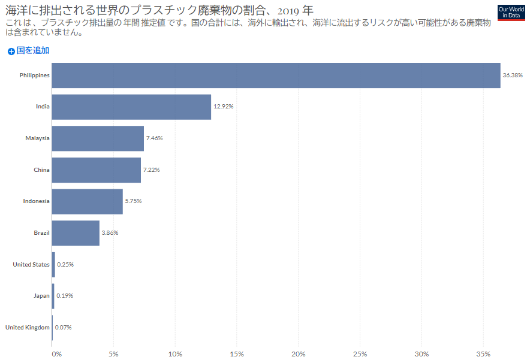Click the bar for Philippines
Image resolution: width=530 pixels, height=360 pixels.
(x=276, y=75)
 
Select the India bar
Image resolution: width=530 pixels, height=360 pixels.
(x=131, y=107)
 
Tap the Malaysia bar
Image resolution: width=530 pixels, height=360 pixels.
(x=98, y=138)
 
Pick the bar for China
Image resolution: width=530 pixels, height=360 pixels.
(x=96, y=170)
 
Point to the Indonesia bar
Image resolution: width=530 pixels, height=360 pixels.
(x=87, y=201)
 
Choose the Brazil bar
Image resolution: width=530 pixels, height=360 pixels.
(x=76, y=233)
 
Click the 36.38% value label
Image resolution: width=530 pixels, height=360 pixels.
(x=513, y=75)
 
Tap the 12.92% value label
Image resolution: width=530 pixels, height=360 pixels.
(x=223, y=107)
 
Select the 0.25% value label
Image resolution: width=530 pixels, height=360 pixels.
(x=65, y=264)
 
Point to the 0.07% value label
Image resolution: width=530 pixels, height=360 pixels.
(x=63, y=328)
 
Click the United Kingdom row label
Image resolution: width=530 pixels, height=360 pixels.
(x=27, y=328)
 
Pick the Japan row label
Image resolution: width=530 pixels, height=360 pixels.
(x=41, y=296)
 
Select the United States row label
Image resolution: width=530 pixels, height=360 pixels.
(x=31, y=264)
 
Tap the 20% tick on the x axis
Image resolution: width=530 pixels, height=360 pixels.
(x=299, y=354)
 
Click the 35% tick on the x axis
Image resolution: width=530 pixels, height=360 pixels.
(x=483, y=354)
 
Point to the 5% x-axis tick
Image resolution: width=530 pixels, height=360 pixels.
(x=114, y=354)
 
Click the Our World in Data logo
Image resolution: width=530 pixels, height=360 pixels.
(x=511, y=12)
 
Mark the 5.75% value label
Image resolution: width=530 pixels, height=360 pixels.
(x=133, y=201)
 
